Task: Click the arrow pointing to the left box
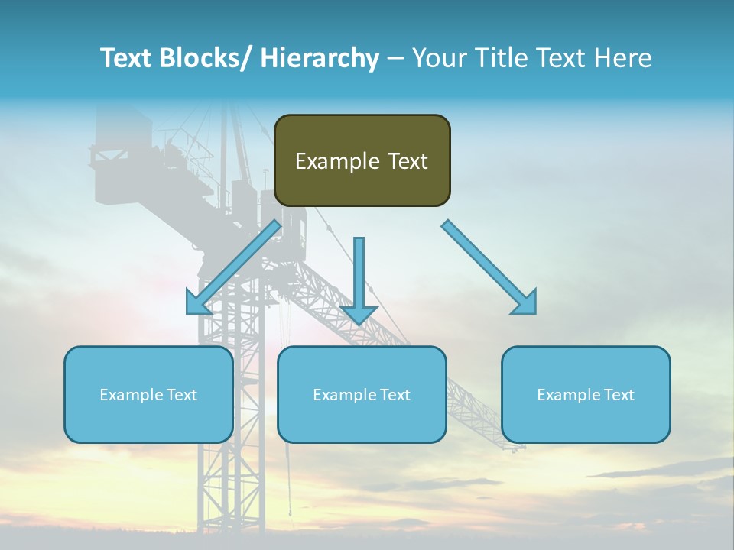pos(233,267)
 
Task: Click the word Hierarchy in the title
pos(320,59)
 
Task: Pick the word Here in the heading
pos(625,59)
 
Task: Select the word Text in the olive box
pos(407,162)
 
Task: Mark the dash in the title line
pos(395,59)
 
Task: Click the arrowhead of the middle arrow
pos(359,314)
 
